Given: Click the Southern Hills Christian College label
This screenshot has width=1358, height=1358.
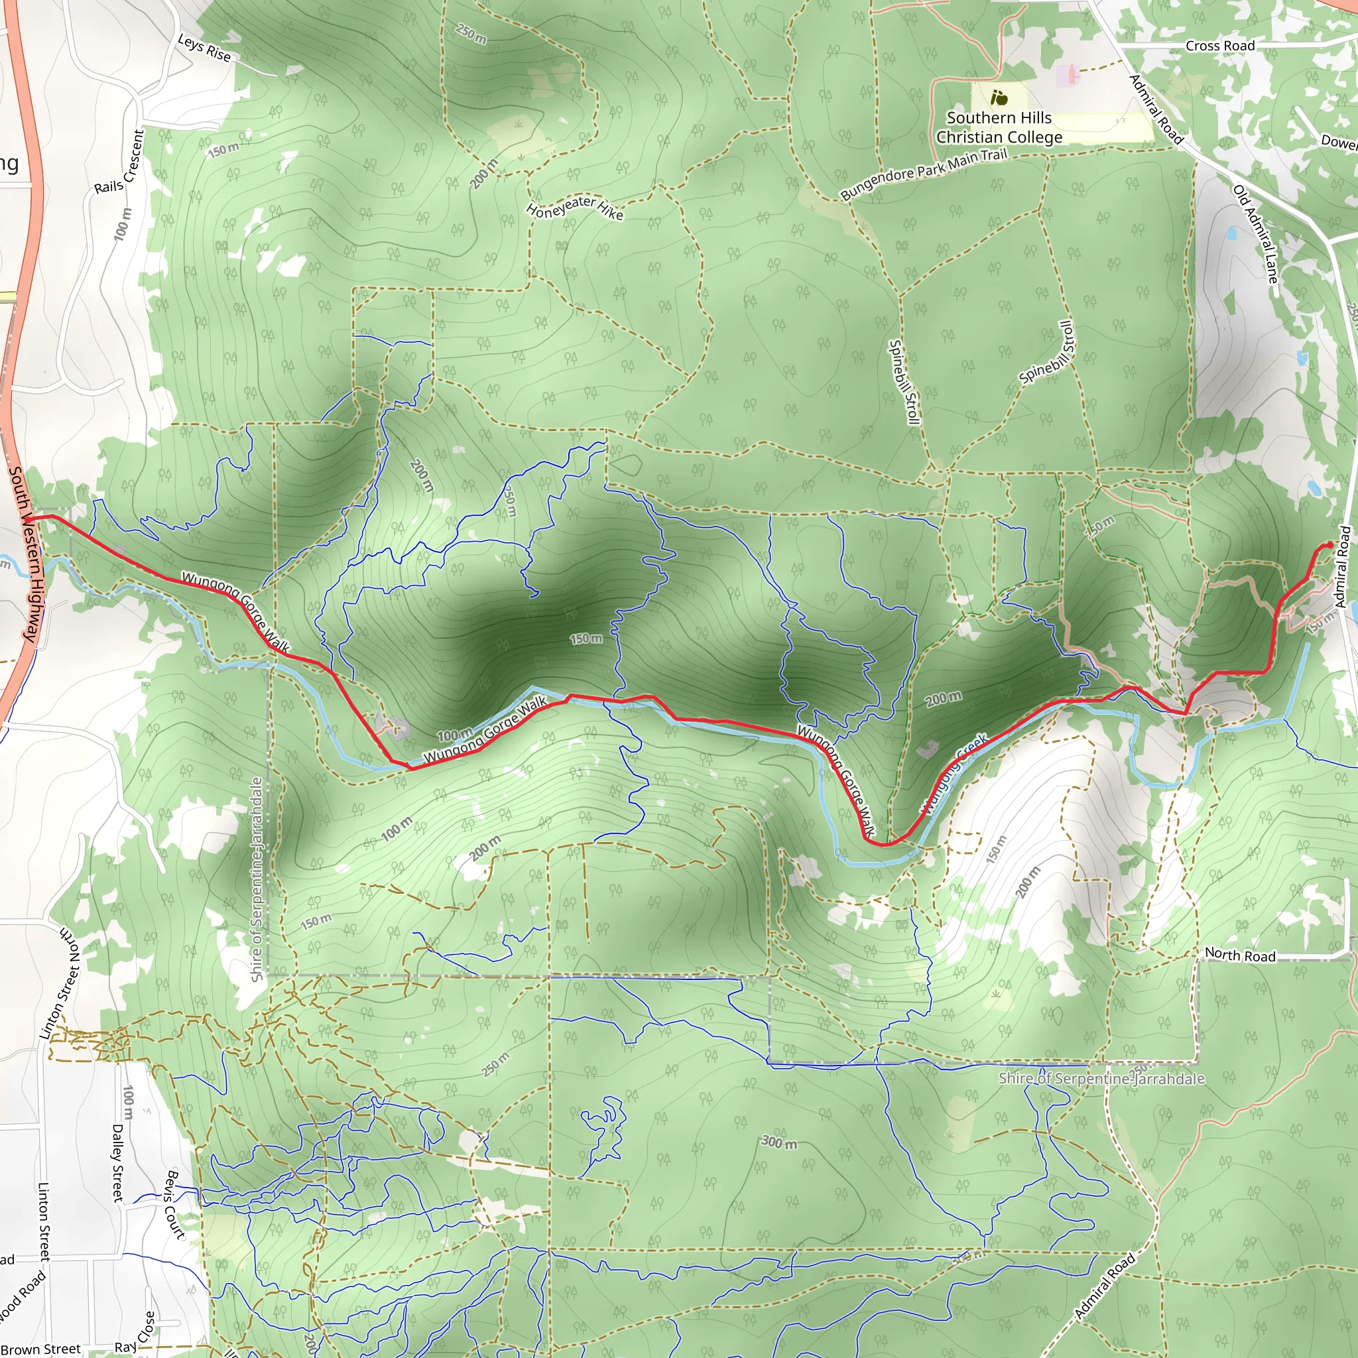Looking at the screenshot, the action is click(999, 127).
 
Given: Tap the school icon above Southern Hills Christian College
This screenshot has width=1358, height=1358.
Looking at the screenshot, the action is click(999, 97).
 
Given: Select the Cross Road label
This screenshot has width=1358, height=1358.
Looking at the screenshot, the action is click(1219, 46).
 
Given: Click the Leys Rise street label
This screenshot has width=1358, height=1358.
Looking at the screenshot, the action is click(204, 47).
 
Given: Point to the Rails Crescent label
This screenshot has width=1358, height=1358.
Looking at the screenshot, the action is click(119, 162).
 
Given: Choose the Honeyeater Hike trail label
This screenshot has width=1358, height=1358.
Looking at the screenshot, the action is click(574, 207).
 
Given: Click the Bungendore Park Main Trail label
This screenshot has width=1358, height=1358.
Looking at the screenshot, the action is click(924, 173).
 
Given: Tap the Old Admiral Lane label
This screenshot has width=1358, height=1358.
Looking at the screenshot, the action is click(1255, 234).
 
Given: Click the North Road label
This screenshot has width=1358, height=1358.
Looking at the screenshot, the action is click(1240, 955).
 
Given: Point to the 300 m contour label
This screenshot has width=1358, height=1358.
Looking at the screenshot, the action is click(780, 1142).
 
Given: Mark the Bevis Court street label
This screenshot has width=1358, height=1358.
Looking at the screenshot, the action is click(174, 1204).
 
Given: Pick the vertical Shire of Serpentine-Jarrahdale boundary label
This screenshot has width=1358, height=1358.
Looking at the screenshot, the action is click(257, 879).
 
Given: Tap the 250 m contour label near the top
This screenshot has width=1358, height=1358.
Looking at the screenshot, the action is click(471, 33).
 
